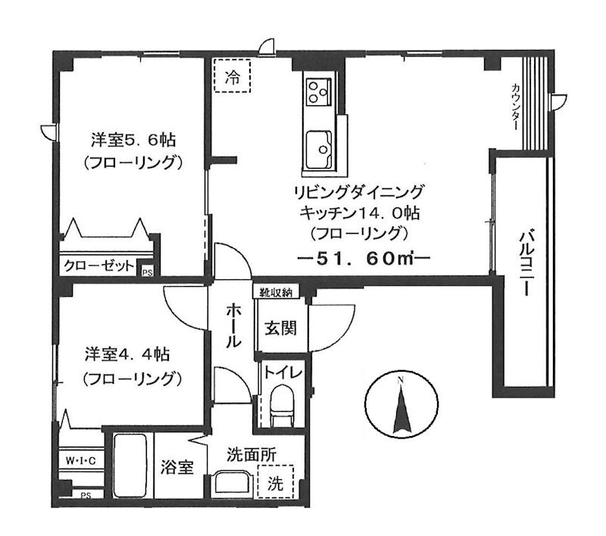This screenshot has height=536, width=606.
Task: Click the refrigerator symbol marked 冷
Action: pos(233,75)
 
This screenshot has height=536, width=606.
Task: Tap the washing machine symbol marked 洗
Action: pos(276,483)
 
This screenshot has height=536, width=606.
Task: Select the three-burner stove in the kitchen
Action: pos(319,92)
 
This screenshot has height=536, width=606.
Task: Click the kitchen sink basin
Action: pos(319,150)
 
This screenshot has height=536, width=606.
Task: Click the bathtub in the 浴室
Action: pos(130,466)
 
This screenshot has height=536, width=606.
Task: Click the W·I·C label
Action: pos(80,461)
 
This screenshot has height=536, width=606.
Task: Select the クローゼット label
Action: pos(99,266)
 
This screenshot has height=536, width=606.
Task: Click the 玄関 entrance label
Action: pos(281,329)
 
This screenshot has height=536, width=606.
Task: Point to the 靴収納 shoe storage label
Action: pos(276,292)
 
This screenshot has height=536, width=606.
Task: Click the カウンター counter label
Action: pos(515,107)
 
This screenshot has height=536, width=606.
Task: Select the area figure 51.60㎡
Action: pos(364,258)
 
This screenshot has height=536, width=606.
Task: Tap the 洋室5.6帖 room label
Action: pos(133,139)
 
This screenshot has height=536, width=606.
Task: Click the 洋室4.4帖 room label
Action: pos(127,354)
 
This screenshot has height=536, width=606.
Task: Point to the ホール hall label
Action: pos(234,325)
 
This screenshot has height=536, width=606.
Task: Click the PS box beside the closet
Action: pos(147,272)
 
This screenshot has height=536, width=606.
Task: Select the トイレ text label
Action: pos(283,372)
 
